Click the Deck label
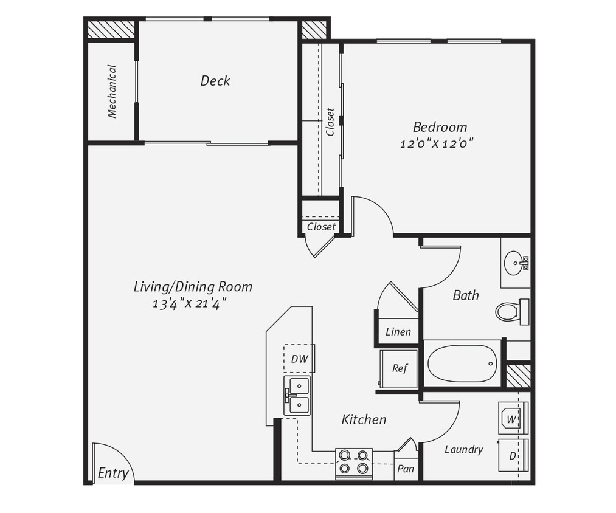pos(215,81)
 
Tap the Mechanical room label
pos(112,91)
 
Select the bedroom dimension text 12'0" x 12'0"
pos(437,144)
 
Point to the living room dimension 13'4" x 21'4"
pos(193,303)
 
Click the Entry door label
pos(113,473)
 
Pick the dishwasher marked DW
pos(299,359)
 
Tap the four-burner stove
pos(354,461)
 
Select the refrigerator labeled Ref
pos(399,368)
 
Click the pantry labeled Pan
pos(406,469)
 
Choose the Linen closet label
pos(398,332)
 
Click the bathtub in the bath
pos(462,363)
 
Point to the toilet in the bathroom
pos(510,312)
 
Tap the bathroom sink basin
pos(515,263)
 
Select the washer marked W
pos(512,419)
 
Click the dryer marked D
pos(513,455)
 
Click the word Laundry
pos(463,449)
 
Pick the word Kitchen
pos(364,419)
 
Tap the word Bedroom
pos(440,127)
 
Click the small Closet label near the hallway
pos(320,227)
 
